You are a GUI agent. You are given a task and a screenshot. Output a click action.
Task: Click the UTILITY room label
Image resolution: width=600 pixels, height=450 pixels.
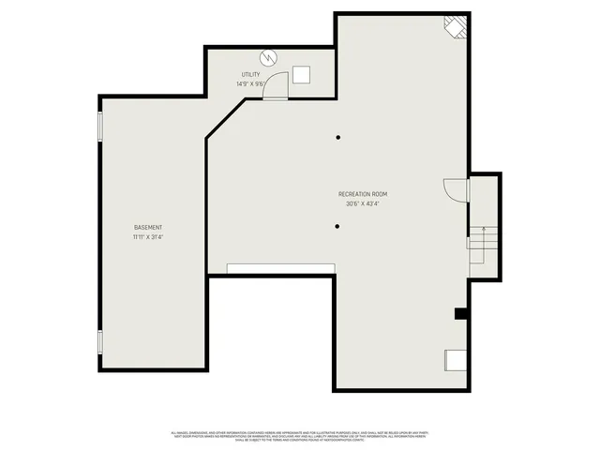pyautogui.click(x=250, y=75)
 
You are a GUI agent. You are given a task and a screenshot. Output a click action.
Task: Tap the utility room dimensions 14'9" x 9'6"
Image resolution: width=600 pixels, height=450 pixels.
pyautogui.click(x=250, y=83)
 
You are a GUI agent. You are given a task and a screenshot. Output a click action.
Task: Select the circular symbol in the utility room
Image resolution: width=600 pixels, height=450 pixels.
pyautogui.click(x=270, y=58)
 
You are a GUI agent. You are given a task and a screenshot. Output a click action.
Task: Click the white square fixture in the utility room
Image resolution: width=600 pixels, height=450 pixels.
pyautogui.click(x=301, y=76)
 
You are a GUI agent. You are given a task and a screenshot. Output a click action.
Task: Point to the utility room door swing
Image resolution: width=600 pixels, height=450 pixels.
pyautogui.click(x=277, y=87)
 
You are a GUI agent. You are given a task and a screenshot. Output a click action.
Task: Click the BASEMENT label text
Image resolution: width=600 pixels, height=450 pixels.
pyautogui.click(x=148, y=228)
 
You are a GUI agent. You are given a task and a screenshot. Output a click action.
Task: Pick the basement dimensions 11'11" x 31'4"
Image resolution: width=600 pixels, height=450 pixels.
pyautogui.click(x=148, y=236)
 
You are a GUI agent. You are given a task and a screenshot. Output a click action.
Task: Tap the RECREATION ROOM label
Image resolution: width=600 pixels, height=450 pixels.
pyautogui.click(x=363, y=194)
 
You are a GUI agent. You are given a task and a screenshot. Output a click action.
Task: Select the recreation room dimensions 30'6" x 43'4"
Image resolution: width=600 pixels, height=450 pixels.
pyautogui.click(x=363, y=203)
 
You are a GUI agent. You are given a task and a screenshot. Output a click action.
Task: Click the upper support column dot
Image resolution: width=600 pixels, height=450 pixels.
pyautogui.click(x=337, y=138)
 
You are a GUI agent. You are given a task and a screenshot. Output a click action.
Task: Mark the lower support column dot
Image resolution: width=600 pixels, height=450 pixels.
pyautogui.click(x=337, y=225)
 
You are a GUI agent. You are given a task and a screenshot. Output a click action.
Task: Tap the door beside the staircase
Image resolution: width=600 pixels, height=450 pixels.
pyautogui.click(x=456, y=189)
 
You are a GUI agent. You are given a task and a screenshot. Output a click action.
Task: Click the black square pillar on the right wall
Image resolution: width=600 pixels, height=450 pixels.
pyautogui.click(x=460, y=314)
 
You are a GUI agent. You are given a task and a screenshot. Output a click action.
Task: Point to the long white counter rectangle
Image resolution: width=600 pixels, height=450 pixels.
pyautogui.click(x=280, y=269)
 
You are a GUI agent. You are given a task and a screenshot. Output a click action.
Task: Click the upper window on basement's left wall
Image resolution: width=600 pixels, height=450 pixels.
pyautogui.click(x=100, y=126)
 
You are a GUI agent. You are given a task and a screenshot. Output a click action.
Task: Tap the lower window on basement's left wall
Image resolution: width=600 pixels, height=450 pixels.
pyautogui.click(x=100, y=342)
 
